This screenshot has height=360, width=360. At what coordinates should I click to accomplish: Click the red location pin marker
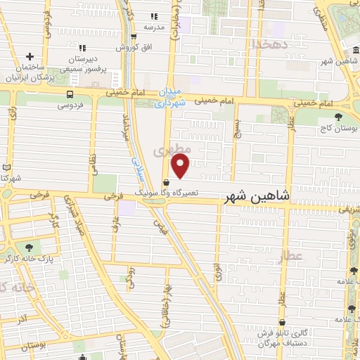[x=181, y=166]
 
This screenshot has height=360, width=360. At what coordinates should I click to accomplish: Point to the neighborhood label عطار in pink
[x=292, y=257]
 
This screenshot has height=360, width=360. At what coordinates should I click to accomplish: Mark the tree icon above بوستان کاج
[x=339, y=117]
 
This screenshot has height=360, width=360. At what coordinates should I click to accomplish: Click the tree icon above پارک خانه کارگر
[x=29, y=247]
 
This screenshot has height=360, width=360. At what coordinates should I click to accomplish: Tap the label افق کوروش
[x=133, y=48]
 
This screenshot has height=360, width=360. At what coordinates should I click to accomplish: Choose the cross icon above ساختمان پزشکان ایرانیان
[x=30, y=56]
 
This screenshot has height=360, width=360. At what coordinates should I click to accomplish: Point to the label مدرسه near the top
[x=154, y=27]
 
